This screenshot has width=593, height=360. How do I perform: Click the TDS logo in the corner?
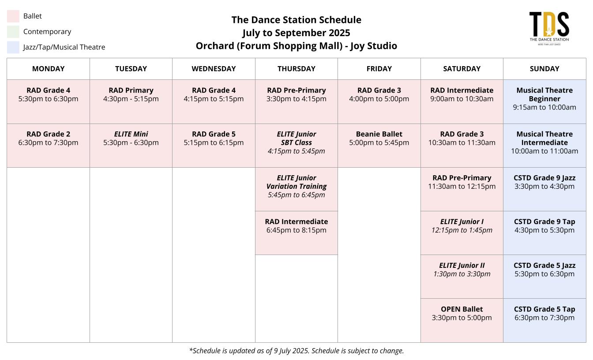[x=549, y=29]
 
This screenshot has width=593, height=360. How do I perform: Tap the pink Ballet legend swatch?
[x=13, y=16]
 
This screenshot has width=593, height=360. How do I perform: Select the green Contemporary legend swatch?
[x=13, y=32]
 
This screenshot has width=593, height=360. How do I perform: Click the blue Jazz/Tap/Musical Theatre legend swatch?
[x=13, y=47]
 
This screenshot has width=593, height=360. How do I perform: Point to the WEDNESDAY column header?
[x=214, y=69]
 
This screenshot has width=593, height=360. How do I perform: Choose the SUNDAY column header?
[x=544, y=69]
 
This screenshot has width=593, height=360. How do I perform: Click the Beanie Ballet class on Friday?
[x=379, y=146]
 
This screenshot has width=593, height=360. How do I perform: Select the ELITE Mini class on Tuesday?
[x=131, y=146]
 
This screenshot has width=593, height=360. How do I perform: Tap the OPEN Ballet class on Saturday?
[x=462, y=321]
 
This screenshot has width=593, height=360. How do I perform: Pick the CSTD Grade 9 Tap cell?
[x=544, y=233]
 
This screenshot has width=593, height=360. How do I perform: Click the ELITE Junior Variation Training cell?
[x=296, y=189]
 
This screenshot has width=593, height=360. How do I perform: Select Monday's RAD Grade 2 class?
[x=49, y=146]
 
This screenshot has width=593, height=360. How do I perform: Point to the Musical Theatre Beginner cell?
[x=544, y=101]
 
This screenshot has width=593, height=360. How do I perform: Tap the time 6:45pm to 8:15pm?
[x=296, y=230]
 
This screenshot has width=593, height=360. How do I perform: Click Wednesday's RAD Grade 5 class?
[x=214, y=146]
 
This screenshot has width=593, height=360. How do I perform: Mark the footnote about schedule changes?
[x=296, y=351]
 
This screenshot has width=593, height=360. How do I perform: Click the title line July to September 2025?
[x=296, y=33]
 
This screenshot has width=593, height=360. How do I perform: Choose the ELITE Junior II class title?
[x=462, y=266]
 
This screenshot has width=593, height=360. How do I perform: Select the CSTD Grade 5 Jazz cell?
[x=544, y=277]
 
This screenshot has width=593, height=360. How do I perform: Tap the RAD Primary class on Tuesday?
[x=131, y=101]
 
